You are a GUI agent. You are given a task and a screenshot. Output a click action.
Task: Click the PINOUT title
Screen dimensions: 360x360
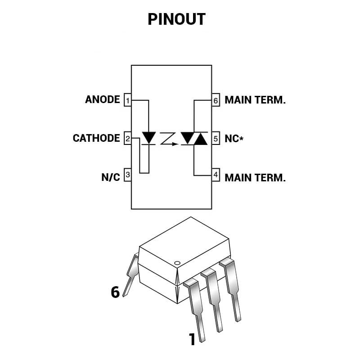pos(176,19)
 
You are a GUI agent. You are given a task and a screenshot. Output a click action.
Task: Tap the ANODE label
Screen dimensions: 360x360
pos(103,99)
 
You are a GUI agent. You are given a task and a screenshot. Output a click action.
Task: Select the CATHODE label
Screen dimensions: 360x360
pos(96,138)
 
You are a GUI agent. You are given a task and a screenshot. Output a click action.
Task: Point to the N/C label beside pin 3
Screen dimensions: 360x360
pos(111,177)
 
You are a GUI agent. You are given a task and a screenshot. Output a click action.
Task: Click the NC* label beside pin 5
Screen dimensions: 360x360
pos(234,139)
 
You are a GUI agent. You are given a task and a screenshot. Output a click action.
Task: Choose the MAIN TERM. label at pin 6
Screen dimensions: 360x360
pos(255,100)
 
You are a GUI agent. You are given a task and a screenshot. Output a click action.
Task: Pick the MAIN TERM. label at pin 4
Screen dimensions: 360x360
pos(255,177)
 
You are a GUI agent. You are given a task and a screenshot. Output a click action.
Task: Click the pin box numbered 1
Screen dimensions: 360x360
pos(127,100)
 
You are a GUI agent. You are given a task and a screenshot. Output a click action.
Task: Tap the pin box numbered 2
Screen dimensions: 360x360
pos(127,139)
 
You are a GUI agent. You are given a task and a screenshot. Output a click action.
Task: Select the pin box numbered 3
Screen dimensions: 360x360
pos(127,175)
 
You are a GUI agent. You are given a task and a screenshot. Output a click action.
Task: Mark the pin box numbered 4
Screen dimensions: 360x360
pos(216,175)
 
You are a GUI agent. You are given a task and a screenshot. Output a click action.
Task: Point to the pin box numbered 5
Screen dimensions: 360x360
pos(216,139)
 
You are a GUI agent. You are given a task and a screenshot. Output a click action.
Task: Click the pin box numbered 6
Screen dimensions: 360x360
pos(216,100)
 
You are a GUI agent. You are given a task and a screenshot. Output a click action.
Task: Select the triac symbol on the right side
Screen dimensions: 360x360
pos(194,138)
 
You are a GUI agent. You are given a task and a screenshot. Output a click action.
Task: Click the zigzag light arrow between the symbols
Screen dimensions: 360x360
pos(169,139)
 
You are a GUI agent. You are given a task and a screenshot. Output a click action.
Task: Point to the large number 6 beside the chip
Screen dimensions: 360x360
pos(115,292)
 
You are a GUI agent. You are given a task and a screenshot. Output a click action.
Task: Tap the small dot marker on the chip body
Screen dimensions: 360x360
pos(177,263)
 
